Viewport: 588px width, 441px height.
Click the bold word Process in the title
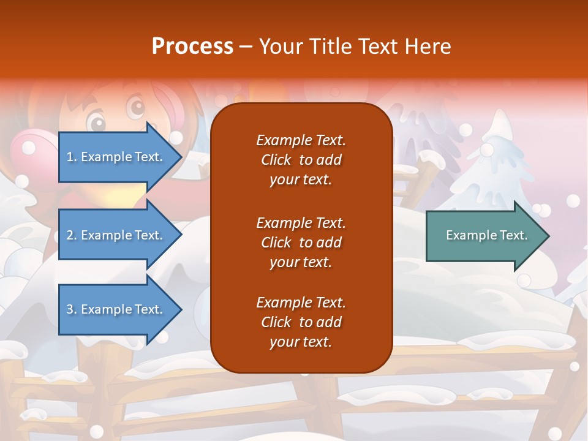tap(192, 46)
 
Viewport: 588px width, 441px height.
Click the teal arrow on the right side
tap(484, 235)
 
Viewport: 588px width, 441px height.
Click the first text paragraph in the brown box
tap(301, 160)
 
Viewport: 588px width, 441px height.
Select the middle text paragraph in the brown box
tap(301, 243)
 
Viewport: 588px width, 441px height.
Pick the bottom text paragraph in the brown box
tap(301, 322)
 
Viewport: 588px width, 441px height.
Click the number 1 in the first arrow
tap(69, 157)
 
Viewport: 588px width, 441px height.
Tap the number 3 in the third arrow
tap(70, 309)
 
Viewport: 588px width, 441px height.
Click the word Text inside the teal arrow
tap(514, 235)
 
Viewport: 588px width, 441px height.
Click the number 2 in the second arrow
tap(70, 235)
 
